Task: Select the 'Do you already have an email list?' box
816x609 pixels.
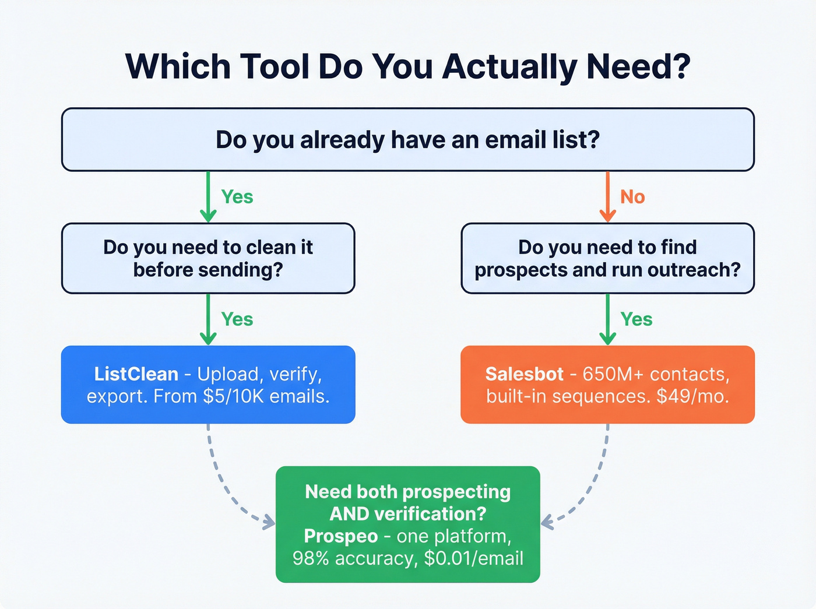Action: pyautogui.click(x=407, y=140)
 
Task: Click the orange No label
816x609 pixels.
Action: pyautogui.click(x=632, y=197)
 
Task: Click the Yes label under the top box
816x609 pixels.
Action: pyautogui.click(x=237, y=197)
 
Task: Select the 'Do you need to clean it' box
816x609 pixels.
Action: pyautogui.click(x=208, y=258)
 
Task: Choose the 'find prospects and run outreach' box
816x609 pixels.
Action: pyautogui.click(x=607, y=258)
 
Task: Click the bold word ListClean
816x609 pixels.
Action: pyautogui.click(x=136, y=374)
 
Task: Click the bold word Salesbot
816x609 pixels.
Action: pyautogui.click(x=524, y=374)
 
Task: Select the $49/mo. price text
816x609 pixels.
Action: pyautogui.click(x=692, y=396)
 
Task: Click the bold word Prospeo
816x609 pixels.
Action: pyautogui.click(x=341, y=536)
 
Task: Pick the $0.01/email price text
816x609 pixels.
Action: pyautogui.click(x=473, y=558)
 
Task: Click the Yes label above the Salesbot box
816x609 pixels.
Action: pyautogui.click(x=636, y=319)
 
